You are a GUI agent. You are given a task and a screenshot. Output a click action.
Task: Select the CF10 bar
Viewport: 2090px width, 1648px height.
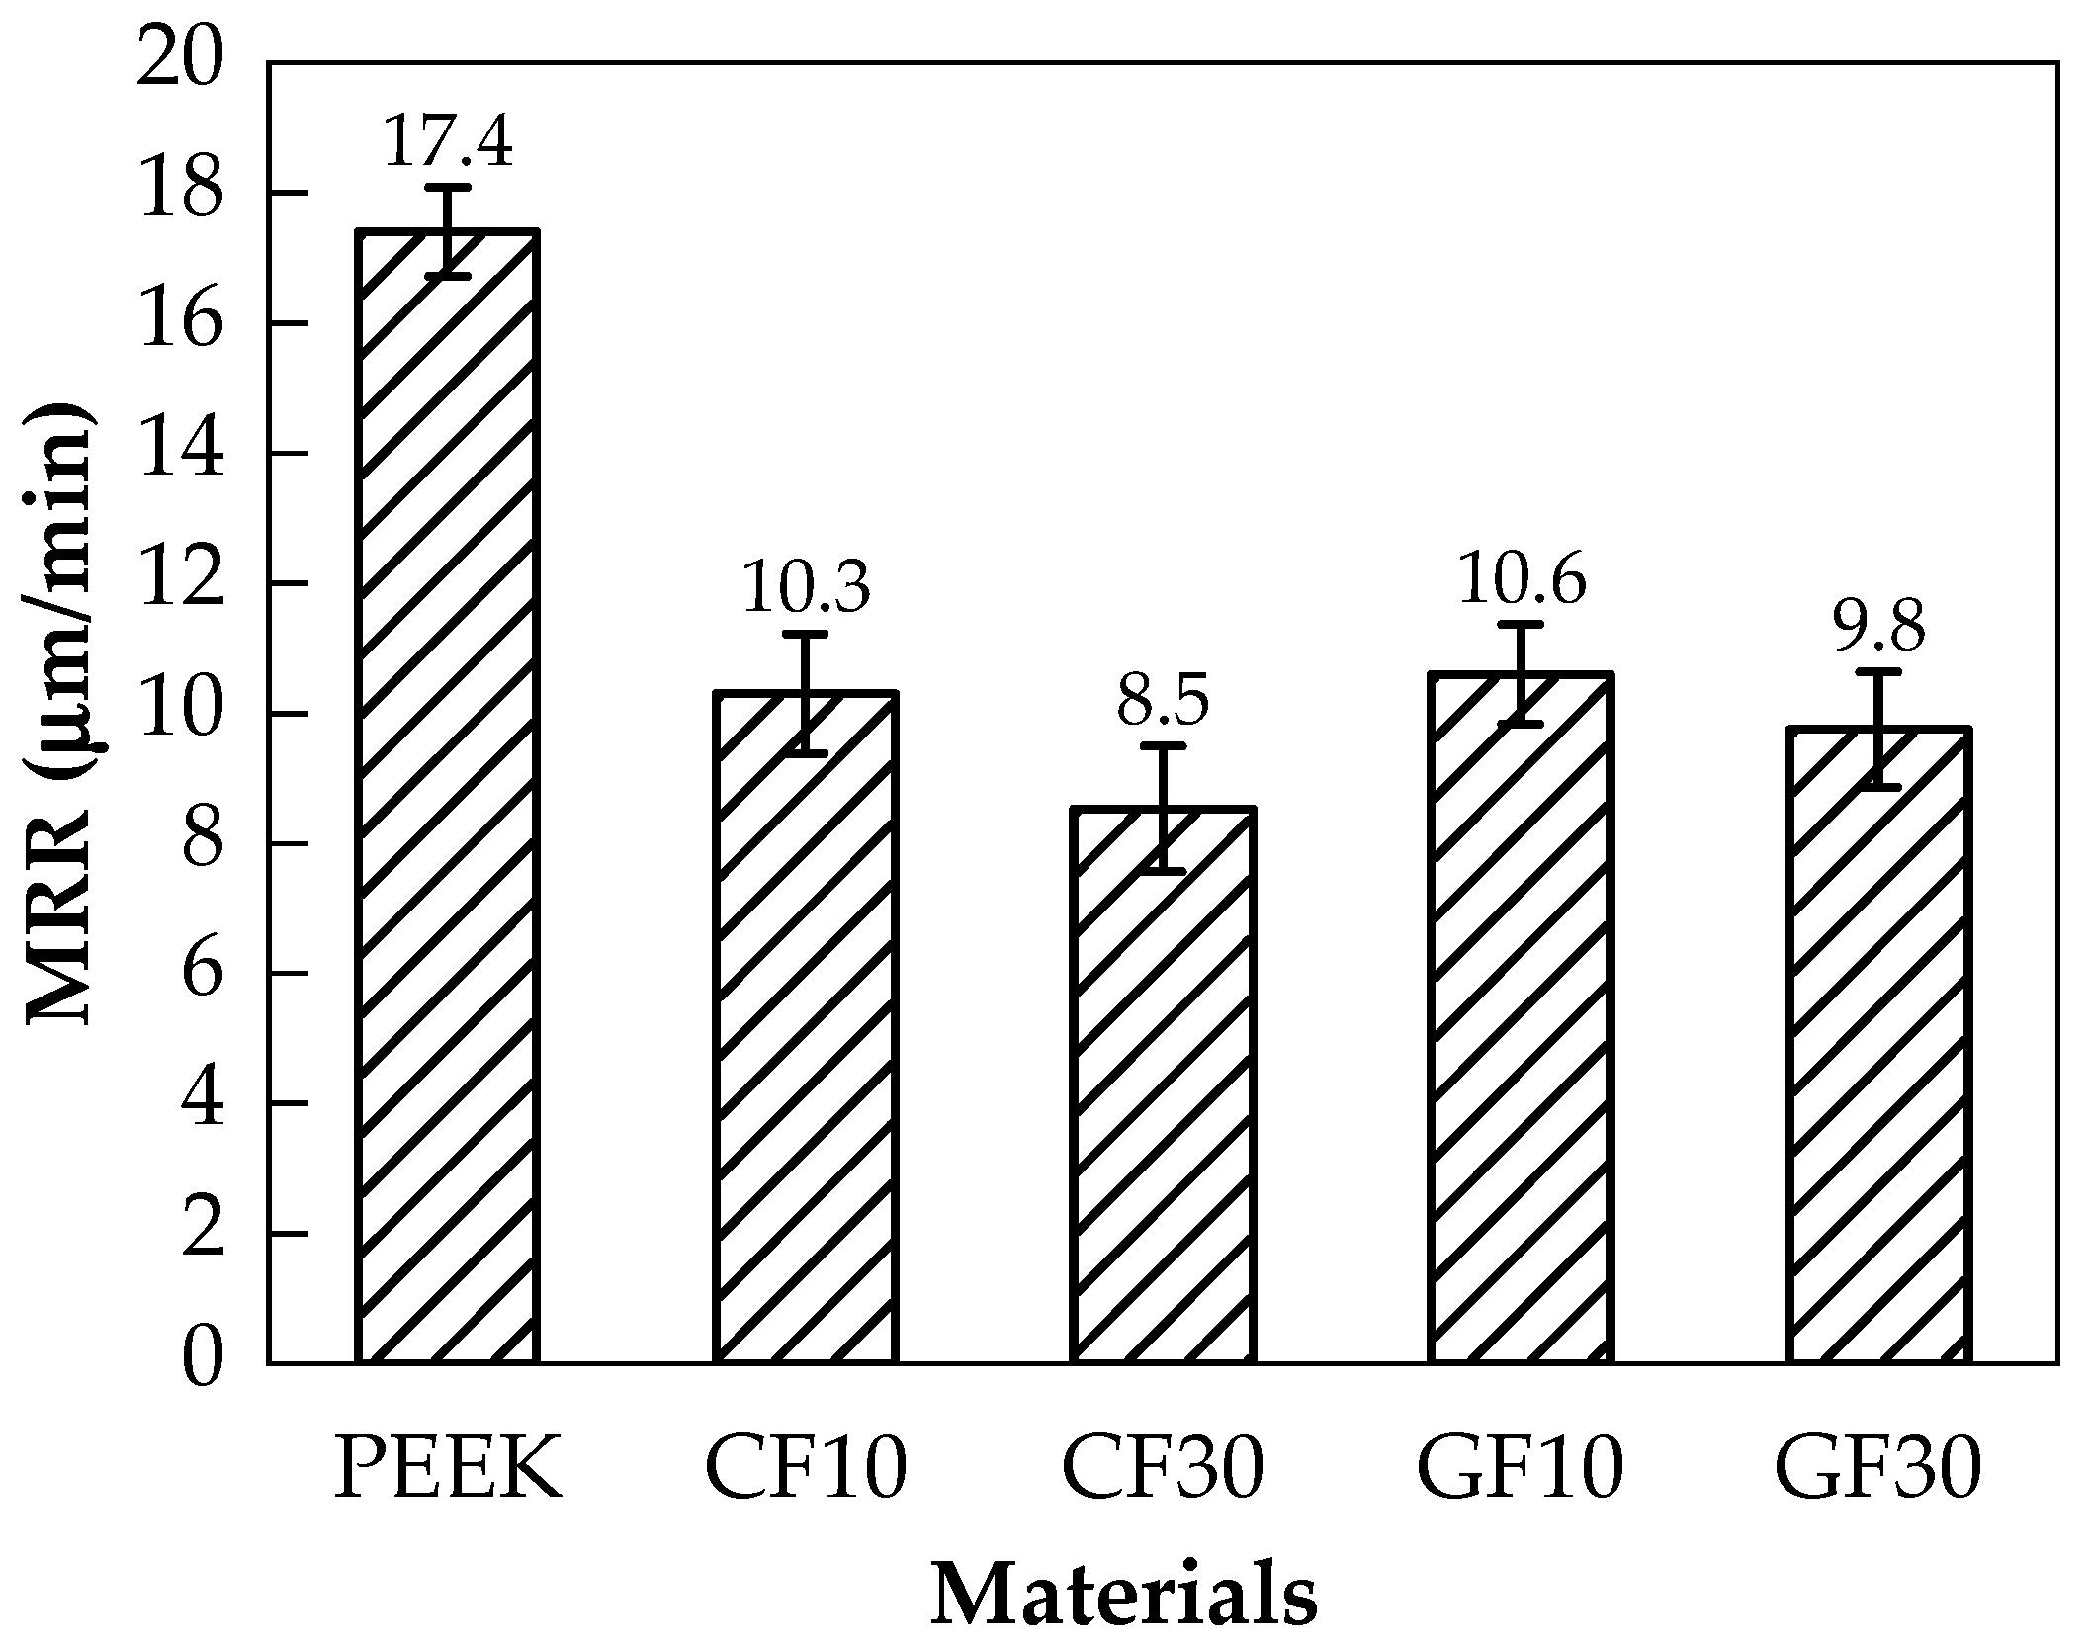tap(807, 1028)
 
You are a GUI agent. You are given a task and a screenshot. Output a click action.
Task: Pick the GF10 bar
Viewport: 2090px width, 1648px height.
tap(1521, 1018)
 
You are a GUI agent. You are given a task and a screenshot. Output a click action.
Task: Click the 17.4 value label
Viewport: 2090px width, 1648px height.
tap(448, 141)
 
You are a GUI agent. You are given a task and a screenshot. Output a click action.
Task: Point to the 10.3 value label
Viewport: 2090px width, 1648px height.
tap(806, 587)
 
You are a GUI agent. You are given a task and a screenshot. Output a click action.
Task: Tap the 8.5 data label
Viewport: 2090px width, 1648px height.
tap(1164, 701)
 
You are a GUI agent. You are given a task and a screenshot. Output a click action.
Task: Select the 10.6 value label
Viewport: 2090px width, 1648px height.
tap(1521, 578)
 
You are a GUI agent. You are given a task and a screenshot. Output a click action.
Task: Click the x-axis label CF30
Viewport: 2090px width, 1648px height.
tap(1164, 1466)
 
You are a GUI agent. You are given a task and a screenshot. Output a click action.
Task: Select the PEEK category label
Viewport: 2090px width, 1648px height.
tap(448, 1466)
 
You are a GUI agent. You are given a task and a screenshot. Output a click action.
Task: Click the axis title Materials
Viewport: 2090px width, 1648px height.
tap(1124, 1595)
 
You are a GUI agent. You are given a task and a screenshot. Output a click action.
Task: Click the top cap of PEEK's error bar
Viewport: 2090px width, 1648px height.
tap(448, 187)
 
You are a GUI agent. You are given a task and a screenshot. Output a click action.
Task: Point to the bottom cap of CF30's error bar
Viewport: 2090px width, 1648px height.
tap(1164, 871)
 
